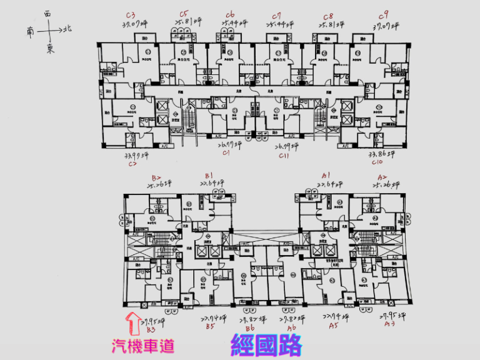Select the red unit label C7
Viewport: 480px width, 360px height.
tap(277, 14)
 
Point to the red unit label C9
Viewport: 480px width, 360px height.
tap(383, 14)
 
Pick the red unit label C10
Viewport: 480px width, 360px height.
tap(377, 162)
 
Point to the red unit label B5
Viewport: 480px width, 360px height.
tap(211, 326)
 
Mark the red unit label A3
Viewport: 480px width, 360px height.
tap(388, 326)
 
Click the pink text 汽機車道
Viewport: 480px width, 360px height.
tap(142, 345)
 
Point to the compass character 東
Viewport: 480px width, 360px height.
tap(50, 49)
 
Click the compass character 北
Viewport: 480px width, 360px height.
tap(67, 28)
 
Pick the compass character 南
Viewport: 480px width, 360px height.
tap(31, 29)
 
